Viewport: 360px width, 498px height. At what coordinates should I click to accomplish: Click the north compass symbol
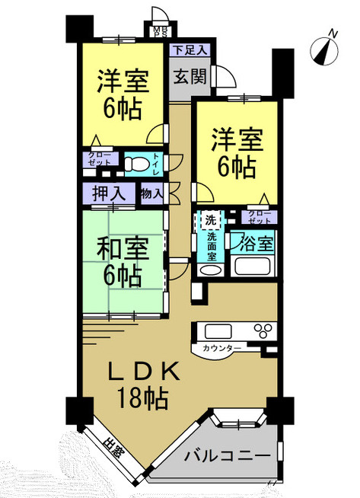click(x=326, y=48)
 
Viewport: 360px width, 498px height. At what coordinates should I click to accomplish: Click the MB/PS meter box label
click(x=160, y=31)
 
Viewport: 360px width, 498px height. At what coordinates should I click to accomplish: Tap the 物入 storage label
click(x=151, y=193)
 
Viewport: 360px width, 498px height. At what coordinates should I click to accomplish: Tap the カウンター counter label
click(x=222, y=348)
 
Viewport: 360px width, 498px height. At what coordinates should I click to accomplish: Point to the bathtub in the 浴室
click(x=254, y=267)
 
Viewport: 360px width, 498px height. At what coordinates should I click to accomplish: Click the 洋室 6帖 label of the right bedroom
click(x=236, y=154)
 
